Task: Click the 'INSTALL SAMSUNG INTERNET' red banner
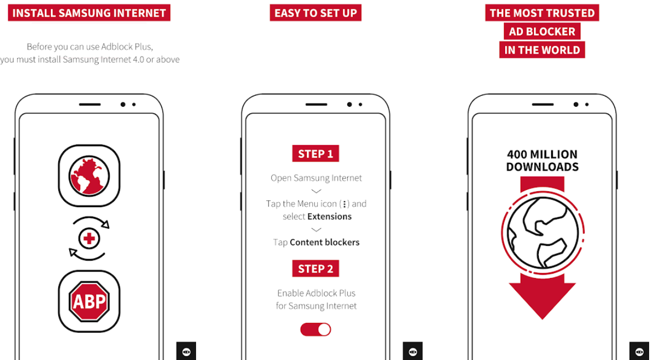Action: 89,13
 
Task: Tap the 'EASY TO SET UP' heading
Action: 316,13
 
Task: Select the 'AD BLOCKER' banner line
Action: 542,32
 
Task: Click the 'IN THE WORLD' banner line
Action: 542,50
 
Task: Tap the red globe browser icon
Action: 89,176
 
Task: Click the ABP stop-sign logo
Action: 89,301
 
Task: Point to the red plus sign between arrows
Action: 89,239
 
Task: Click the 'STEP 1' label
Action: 316,153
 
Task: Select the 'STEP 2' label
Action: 316,269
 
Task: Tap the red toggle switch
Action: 316,330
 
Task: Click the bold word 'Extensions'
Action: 330,217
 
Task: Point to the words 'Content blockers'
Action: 325,242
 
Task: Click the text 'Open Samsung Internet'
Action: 316,178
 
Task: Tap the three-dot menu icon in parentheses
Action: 345,204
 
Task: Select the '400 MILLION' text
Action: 542,155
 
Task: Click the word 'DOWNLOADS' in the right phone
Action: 542,167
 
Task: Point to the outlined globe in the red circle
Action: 543,233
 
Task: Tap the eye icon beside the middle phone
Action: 413,352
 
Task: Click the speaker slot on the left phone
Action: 90,105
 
